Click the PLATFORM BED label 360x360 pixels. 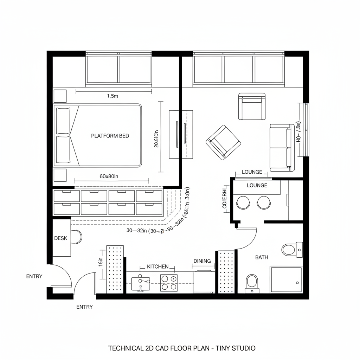point(110,136)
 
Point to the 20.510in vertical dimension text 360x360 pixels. point(157,139)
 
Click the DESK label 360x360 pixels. point(60,238)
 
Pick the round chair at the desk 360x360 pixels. point(77,237)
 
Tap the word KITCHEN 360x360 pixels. point(157,266)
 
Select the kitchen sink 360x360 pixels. point(141,283)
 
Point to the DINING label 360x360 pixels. point(202,261)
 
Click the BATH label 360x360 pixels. point(262,257)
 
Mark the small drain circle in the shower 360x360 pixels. point(297,282)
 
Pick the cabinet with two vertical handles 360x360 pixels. point(181,134)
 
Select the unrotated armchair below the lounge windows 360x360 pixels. point(252,106)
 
